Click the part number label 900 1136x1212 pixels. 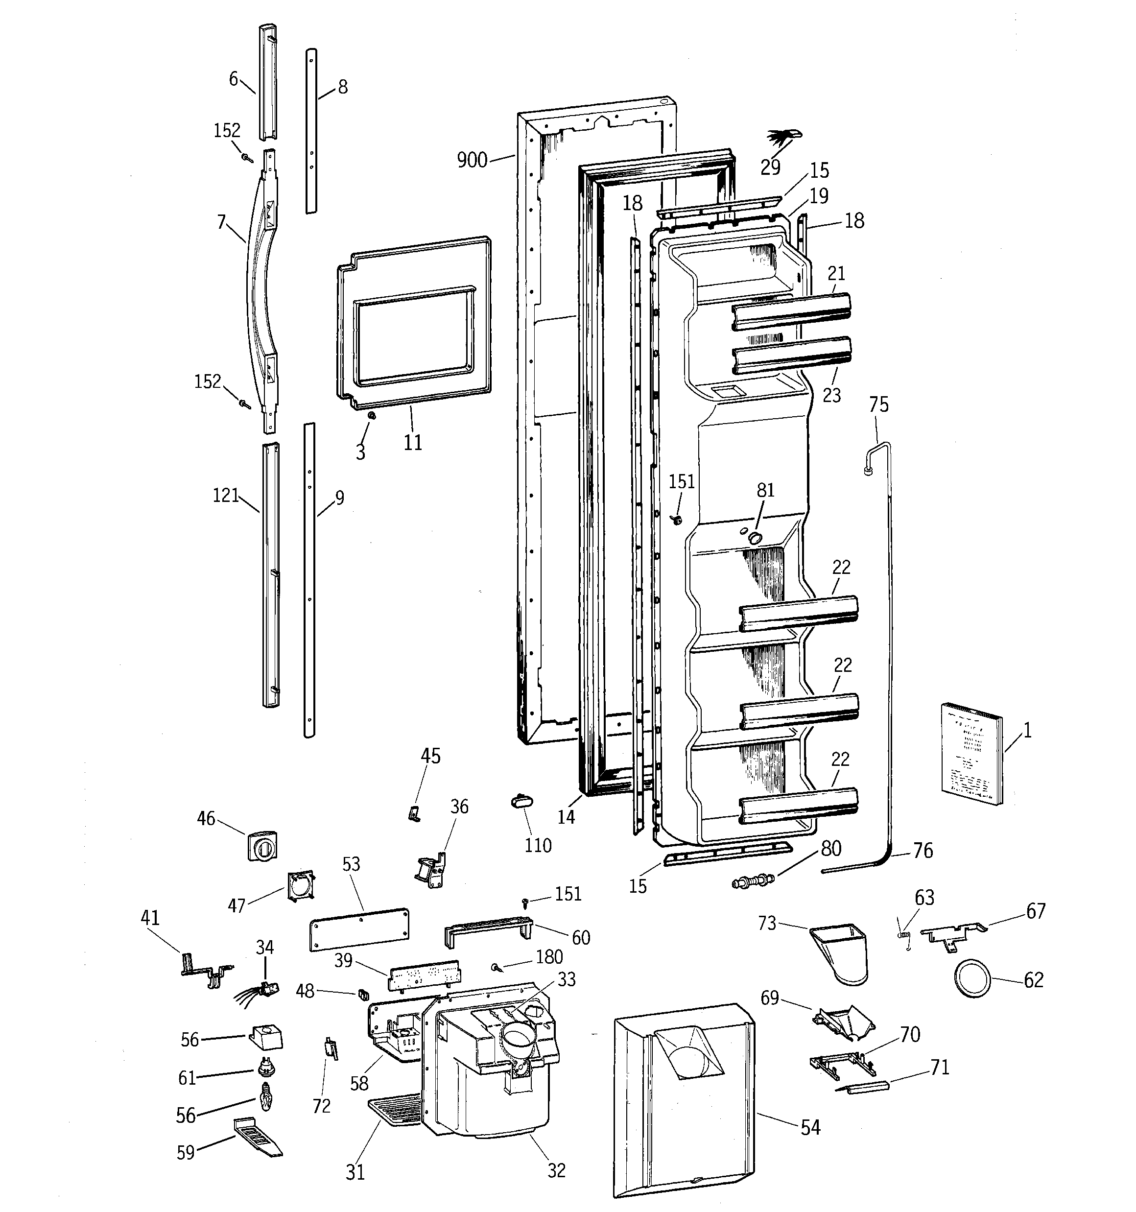pos(472,160)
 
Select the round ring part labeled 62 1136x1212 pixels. pos(971,978)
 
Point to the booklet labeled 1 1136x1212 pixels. pos(971,754)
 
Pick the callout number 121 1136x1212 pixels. pos(225,495)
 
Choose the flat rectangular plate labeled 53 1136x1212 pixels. pos(358,929)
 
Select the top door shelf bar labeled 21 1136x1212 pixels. pos(791,311)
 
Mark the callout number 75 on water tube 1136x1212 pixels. pos(878,405)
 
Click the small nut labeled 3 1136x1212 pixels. pos(371,415)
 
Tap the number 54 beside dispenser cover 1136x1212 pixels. pos(810,1128)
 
